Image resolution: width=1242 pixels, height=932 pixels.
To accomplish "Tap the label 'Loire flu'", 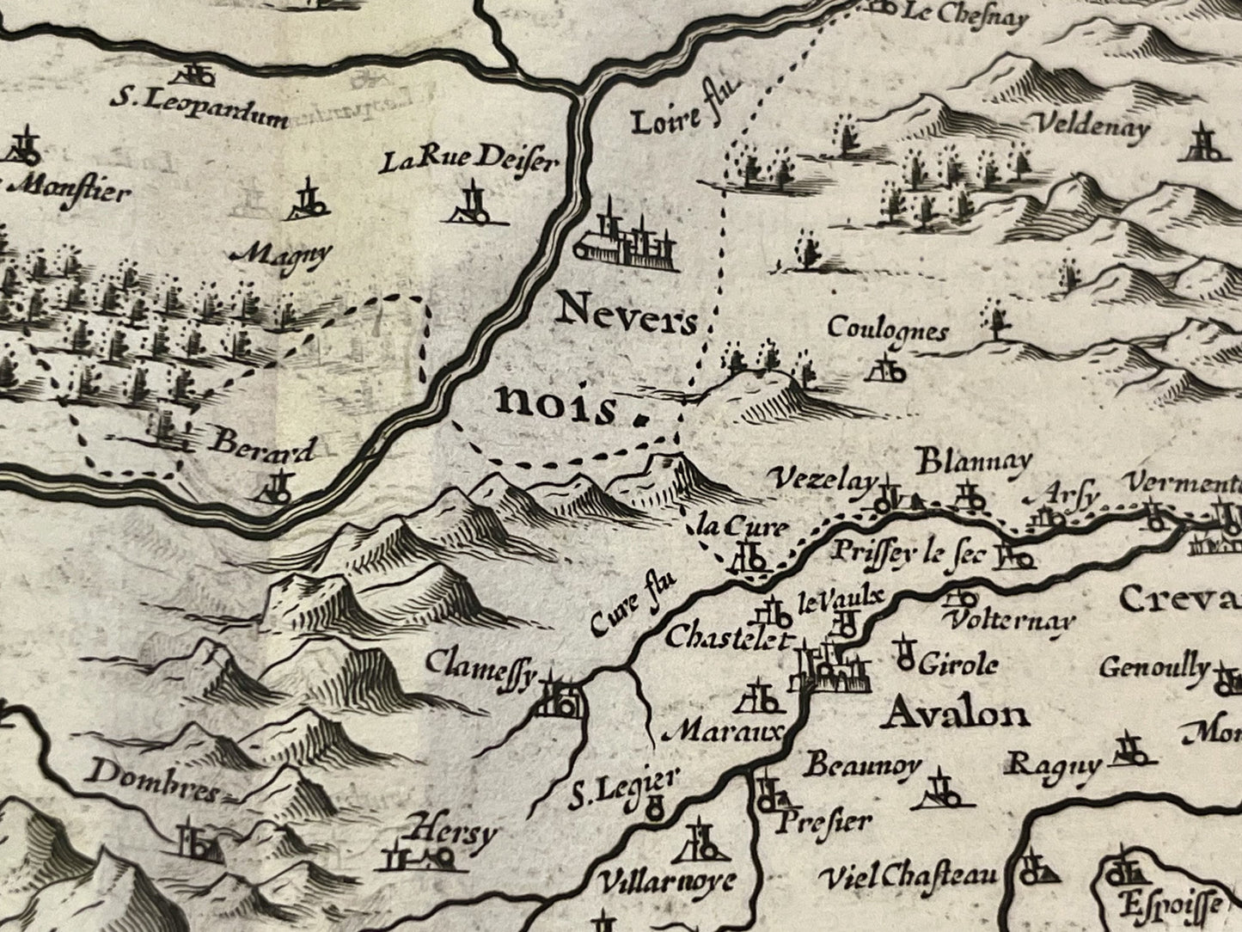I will point(686,118).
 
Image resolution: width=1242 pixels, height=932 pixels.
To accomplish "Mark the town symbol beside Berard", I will point(275,489).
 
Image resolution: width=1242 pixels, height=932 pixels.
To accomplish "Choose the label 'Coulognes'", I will point(887,330).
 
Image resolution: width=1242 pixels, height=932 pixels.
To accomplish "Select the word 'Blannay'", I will point(973,462).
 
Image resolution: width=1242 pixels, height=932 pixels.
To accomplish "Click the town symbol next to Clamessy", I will point(560,698).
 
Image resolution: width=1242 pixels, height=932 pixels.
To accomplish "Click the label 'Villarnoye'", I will point(666,881).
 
